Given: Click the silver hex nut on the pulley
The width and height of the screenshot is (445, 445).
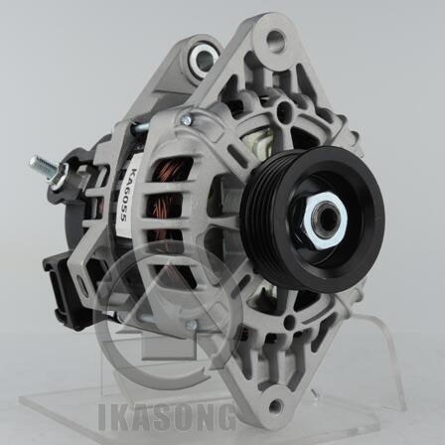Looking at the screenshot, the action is tap(325, 220).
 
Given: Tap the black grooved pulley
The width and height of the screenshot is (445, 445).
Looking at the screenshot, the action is tap(312, 220).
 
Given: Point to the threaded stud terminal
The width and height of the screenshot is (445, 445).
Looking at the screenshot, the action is tap(44, 166).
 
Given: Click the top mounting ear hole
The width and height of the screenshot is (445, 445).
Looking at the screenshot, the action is tap(275, 41).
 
